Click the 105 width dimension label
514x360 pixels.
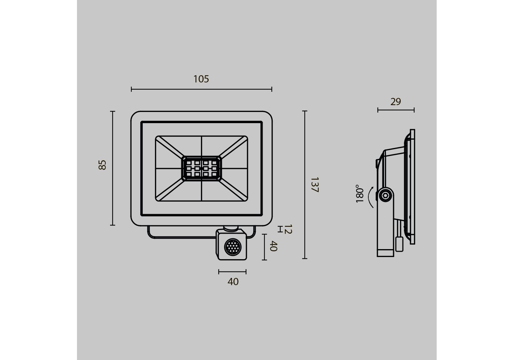coord(201,79)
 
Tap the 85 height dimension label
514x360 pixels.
coord(103,165)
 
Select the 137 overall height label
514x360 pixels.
coord(315,185)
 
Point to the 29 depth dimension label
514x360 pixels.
coord(396,102)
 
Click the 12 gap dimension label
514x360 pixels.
coord(288,229)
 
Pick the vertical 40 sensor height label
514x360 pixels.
coord(273,246)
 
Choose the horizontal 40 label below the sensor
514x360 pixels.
coord(233,282)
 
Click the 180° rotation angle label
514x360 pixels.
coord(360,194)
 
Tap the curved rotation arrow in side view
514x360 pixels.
coord(370,197)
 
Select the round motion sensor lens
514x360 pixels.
coord(232,247)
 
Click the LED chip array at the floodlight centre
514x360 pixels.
coord(201,168)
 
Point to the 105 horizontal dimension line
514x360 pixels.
coord(201,89)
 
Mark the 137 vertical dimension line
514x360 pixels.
coord(305,185)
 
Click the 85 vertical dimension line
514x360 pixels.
coord(113,168)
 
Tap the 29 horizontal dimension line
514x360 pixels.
coord(396,110)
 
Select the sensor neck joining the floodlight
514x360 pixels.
coord(231,228)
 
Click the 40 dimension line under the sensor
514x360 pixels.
coord(232,272)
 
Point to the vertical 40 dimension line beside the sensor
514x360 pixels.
coord(264,247)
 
